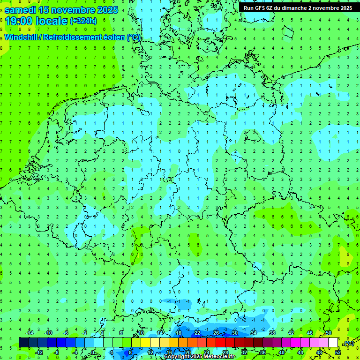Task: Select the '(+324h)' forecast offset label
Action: click(x=83, y=21)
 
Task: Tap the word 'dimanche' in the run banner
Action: click(x=292, y=8)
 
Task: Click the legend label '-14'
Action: click(x=30, y=333)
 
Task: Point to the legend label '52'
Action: click(x=338, y=352)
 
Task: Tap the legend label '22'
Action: click(x=197, y=333)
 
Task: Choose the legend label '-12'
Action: click(x=39, y=352)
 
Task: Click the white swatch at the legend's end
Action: click(x=333, y=343)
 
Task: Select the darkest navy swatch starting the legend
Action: click(x=23, y=343)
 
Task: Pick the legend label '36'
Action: click(x=262, y=352)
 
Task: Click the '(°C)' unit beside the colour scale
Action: click(x=349, y=343)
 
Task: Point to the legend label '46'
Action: click(x=310, y=333)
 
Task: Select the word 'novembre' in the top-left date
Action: click(x=71, y=10)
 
